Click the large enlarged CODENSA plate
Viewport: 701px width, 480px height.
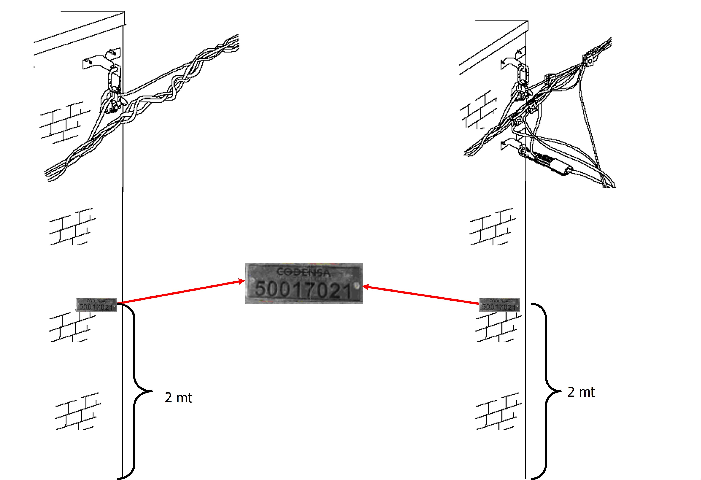click(x=304, y=283)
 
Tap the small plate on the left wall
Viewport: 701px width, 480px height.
click(x=96, y=305)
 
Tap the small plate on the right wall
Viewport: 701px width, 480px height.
click(x=499, y=305)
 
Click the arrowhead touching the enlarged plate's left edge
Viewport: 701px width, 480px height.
click(x=242, y=281)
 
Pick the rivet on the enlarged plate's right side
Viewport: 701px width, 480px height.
click(x=357, y=285)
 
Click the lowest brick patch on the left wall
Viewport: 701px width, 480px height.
click(x=78, y=411)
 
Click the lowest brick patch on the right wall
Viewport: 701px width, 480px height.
click(x=498, y=411)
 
